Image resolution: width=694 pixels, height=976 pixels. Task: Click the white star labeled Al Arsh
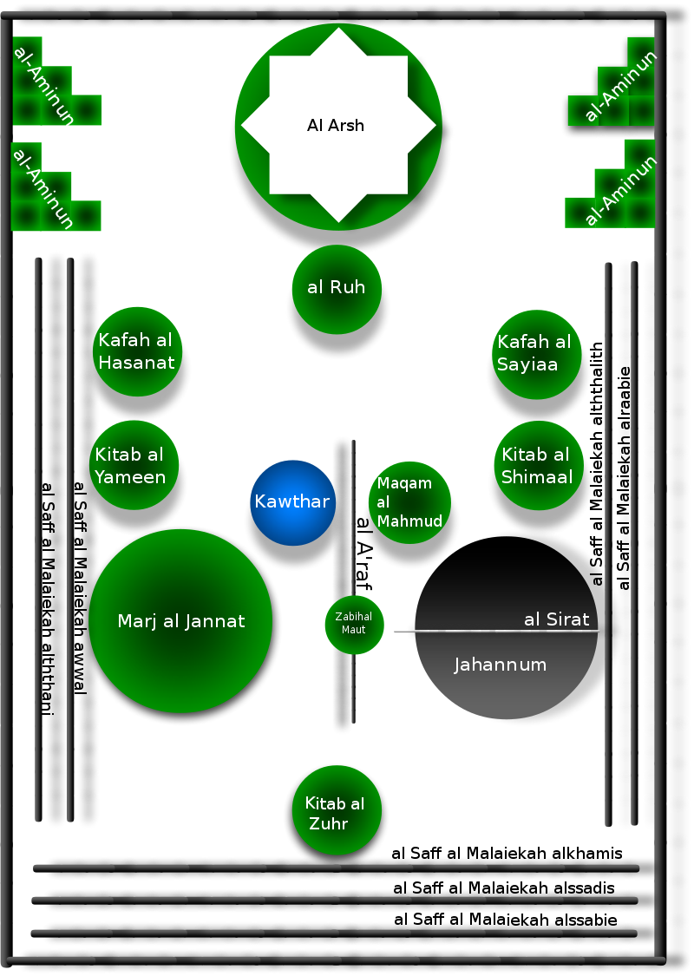(x=337, y=125)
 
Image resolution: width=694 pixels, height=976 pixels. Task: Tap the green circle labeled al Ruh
(x=337, y=288)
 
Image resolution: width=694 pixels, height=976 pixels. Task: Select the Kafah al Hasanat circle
(x=137, y=351)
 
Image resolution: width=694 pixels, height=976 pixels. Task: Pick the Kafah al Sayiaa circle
(x=538, y=353)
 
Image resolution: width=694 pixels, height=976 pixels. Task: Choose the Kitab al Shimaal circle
(x=537, y=465)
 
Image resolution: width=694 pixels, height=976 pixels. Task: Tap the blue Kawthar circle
(x=292, y=502)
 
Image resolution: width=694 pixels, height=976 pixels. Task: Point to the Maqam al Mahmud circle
(x=409, y=502)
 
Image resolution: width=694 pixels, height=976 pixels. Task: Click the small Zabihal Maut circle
(x=354, y=624)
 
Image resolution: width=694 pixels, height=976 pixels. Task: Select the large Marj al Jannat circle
(x=181, y=620)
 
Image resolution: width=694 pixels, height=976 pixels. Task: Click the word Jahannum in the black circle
(x=501, y=665)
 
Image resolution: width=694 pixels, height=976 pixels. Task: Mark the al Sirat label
(x=557, y=619)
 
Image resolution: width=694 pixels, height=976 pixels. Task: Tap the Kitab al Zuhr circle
(x=337, y=812)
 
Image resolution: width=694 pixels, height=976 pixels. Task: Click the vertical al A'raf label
(x=364, y=554)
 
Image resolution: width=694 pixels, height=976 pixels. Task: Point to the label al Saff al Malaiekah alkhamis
(x=507, y=854)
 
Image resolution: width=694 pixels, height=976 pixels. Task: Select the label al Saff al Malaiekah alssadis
(x=504, y=888)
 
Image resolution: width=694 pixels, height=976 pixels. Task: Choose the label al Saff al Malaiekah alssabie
(x=506, y=920)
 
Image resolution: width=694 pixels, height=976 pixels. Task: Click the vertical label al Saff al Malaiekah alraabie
(x=625, y=477)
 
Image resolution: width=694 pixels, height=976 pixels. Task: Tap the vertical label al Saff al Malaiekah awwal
(x=80, y=588)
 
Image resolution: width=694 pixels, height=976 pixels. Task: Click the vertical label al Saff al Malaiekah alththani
(x=48, y=599)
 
